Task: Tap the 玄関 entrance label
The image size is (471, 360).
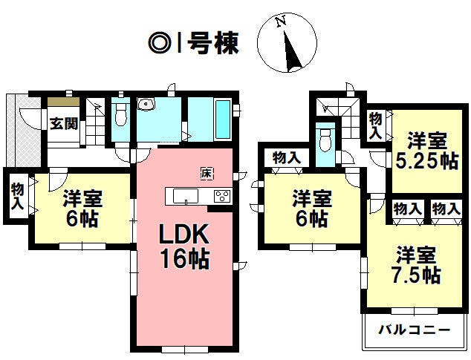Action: tap(64, 123)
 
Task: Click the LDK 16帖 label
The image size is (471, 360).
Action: tap(184, 246)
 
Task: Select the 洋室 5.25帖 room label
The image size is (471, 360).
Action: tap(427, 151)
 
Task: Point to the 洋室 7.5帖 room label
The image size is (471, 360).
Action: tap(416, 265)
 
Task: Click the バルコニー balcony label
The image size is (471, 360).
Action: tap(414, 330)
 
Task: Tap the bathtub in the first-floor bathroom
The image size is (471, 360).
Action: tap(223, 120)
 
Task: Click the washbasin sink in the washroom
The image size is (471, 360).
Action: tap(146, 105)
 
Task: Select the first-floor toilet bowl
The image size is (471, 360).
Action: tap(121, 116)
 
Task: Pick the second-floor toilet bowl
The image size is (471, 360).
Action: tap(325, 140)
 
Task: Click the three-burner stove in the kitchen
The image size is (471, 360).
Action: tap(222, 197)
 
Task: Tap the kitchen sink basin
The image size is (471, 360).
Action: tap(186, 197)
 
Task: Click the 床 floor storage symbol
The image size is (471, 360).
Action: tap(207, 174)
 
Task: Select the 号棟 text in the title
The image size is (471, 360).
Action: tap(213, 43)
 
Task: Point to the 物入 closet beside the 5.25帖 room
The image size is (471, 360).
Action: tap(376, 126)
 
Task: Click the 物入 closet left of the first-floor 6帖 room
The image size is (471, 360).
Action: tap(17, 196)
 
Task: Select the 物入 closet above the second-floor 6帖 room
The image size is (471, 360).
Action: tap(287, 157)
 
